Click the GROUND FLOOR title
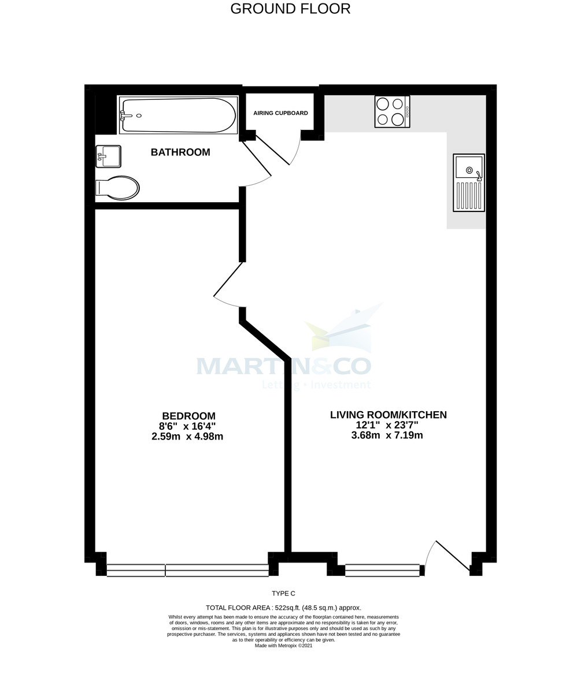click(x=290, y=9)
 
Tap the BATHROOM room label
click(x=180, y=152)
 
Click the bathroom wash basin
click(x=109, y=156)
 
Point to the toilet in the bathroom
click(x=118, y=188)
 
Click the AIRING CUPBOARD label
click(x=280, y=113)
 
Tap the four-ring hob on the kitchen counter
click(x=392, y=111)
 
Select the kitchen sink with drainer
click(x=469, y=182)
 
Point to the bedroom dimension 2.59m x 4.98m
click(x=187, y=437)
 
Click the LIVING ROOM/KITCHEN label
click(x=388, y=415)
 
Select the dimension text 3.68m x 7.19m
click(x=387, y=435)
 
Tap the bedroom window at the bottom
click(x=188, y=571)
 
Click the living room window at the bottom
click(x=382, y=571)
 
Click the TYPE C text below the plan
click(x=283, y=594)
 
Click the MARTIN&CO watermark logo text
click(x=283, y=366)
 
